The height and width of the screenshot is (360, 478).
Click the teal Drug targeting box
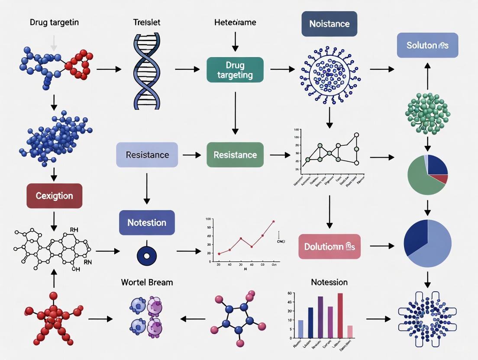pos(235,70)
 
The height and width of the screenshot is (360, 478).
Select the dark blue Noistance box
pos(329,24)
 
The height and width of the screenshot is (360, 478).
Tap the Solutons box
pos(427,45)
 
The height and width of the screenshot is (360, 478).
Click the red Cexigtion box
pos(54,196)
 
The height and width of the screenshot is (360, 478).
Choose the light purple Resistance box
pos(147,155)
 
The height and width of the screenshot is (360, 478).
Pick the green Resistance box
pos(235,155)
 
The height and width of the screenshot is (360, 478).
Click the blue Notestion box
pos(147,222)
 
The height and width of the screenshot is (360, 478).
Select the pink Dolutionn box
pos(329,247)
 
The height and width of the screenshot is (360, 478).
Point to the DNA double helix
pos(147,71)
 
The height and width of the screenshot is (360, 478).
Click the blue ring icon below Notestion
pos(146,255)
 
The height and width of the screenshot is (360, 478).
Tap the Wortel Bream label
pos(147,282)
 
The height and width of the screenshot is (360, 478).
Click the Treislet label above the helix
pos(147,22)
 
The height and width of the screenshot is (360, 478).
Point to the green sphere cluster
pos(427,113)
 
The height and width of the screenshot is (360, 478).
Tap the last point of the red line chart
pos(273,221)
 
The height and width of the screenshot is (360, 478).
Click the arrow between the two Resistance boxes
pos(192,155)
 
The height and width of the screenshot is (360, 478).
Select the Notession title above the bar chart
pos(329,282)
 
